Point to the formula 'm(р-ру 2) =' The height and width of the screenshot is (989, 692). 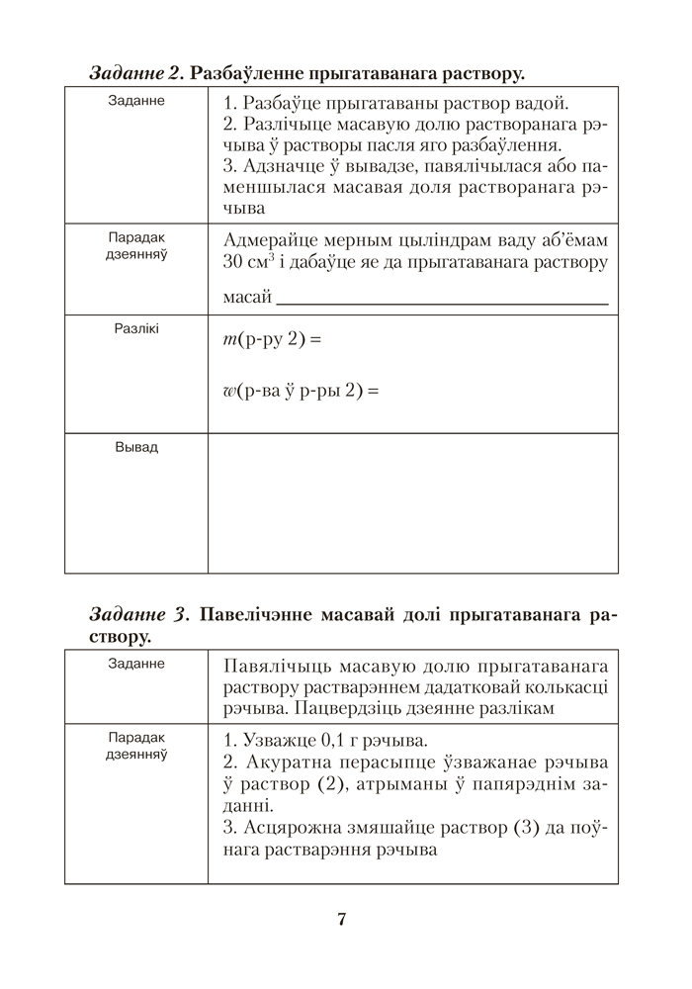click(x=267, y=339)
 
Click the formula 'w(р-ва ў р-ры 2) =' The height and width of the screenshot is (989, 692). click(x=302, y=391)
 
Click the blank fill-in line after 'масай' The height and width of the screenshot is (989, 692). click(x=442, y=298)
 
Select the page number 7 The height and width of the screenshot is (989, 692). click(x=341, y=920)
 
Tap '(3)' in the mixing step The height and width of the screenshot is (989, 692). click(x=523, y=828)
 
